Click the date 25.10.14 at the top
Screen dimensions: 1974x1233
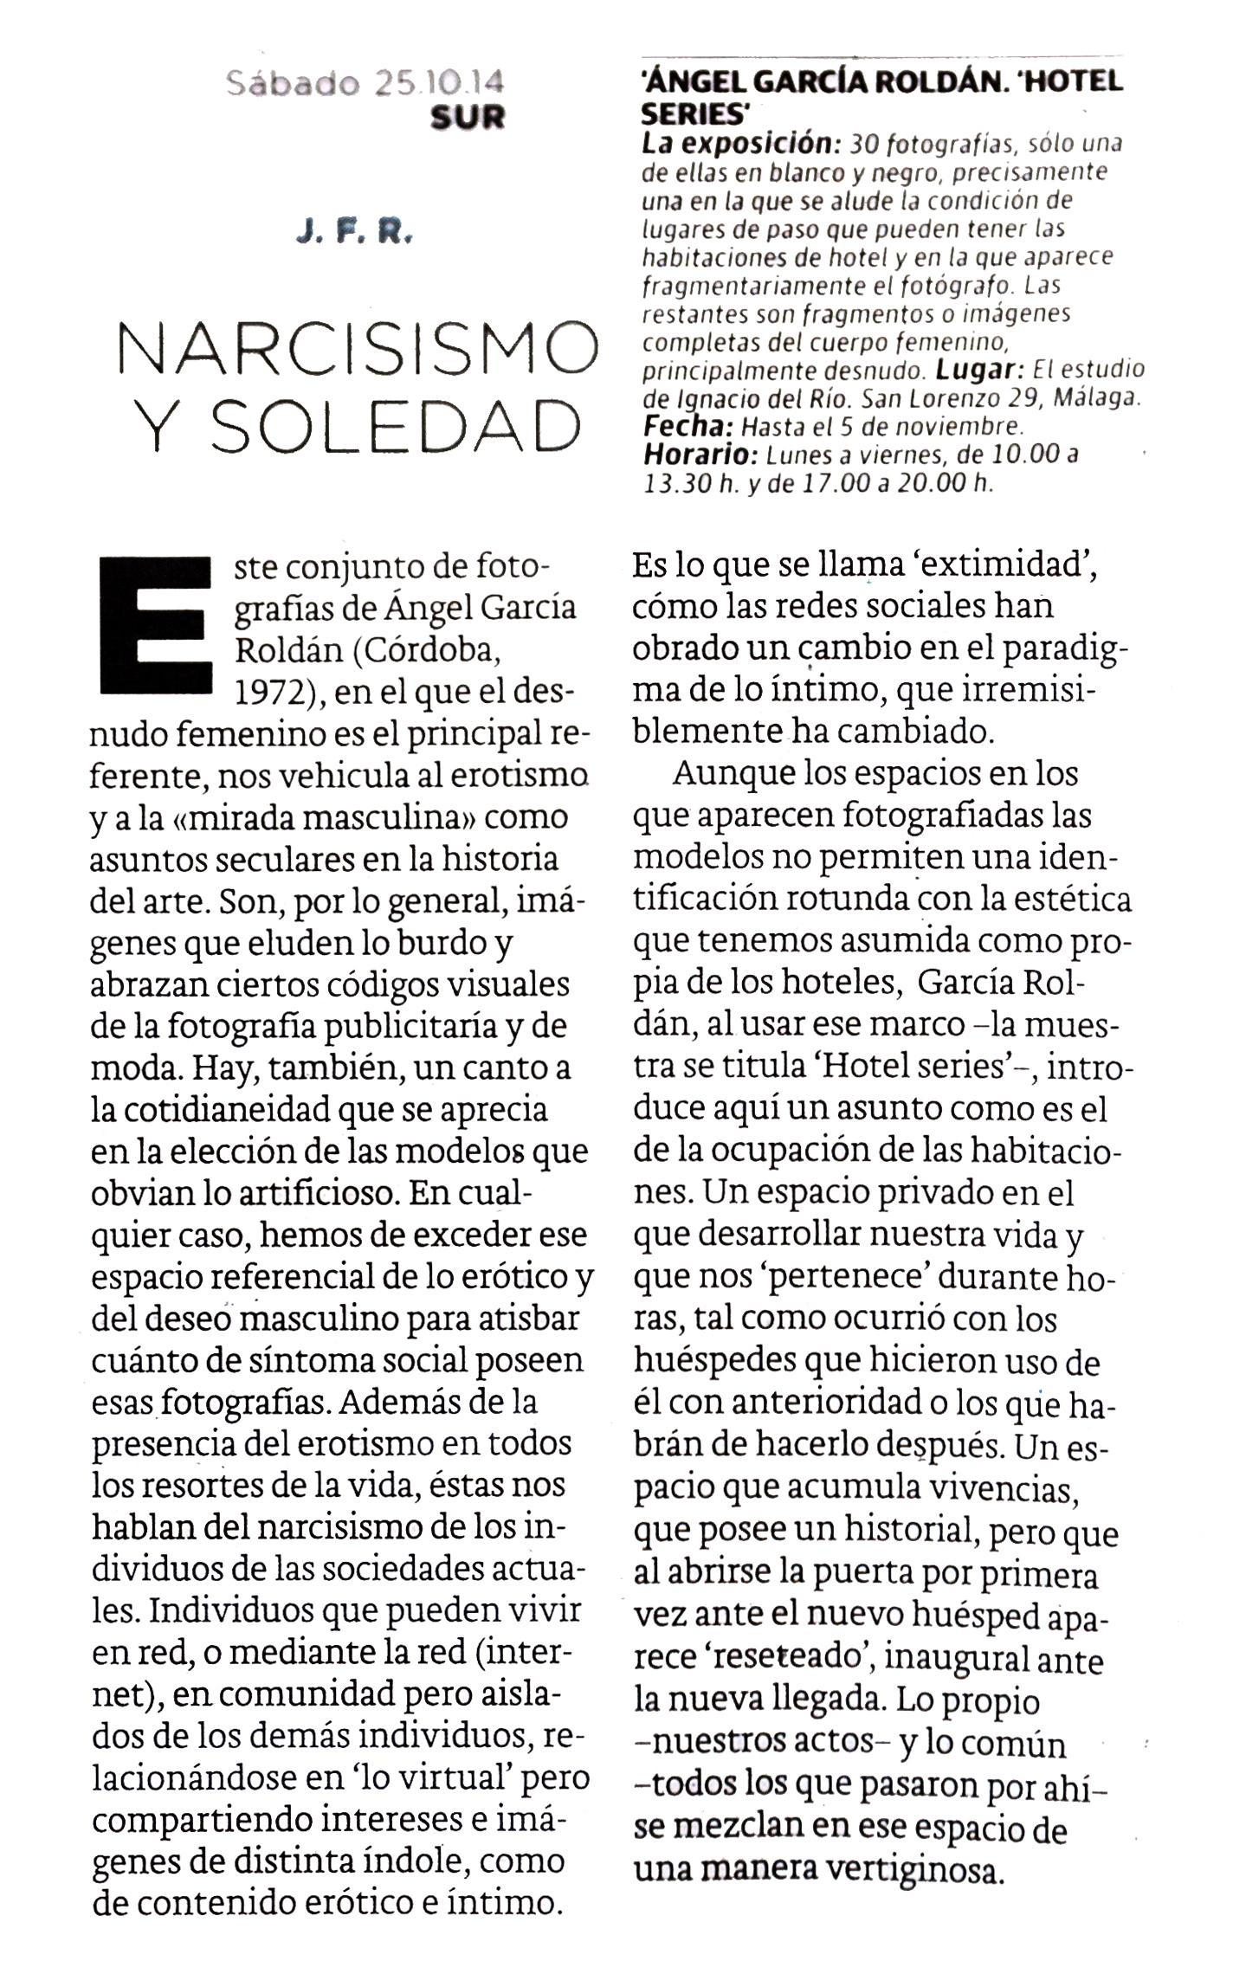click(x=439, y=83)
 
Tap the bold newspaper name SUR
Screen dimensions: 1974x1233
click(x=468, y=117)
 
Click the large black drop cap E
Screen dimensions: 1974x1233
click(x=157, y=625)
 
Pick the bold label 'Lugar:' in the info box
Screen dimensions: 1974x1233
click(x=976, y=370)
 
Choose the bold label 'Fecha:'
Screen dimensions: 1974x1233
click(x=688, y=426)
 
